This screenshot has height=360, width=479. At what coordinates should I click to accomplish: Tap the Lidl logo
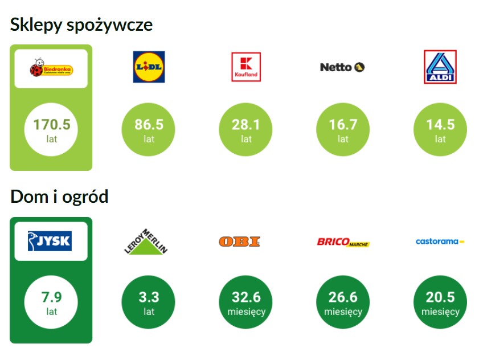(149, 67)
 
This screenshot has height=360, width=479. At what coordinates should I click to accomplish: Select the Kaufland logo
(246, 67)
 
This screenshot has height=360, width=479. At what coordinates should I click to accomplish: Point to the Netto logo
(342, 67)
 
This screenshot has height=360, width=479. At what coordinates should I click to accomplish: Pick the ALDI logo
(440, 67)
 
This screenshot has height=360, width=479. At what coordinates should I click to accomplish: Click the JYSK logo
(51, 241)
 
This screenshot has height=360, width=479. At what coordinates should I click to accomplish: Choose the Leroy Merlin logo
(148, 240)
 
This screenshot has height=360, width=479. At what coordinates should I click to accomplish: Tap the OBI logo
(239, 242)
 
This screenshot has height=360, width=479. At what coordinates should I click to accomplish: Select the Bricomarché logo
(343, 243)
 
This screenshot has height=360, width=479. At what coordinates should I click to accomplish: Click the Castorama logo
(440, 242)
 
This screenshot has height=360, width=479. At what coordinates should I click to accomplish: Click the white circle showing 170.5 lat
(51, 129)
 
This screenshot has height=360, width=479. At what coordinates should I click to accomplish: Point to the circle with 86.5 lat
(149, 129)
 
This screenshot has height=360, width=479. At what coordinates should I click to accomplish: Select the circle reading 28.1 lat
(246, 129)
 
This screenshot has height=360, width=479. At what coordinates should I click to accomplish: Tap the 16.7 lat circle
(343, 129)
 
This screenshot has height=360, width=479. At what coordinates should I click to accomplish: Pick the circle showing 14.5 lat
(440, 129)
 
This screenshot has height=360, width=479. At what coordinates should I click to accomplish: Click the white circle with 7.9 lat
(51, 302)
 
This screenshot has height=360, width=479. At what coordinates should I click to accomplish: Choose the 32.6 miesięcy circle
(246, 302)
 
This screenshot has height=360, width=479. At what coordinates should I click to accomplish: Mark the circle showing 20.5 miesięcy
(440, 302)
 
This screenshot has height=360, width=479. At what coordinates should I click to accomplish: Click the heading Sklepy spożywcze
(81, 25)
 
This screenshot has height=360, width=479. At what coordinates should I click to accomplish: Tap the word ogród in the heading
(85, 197)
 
